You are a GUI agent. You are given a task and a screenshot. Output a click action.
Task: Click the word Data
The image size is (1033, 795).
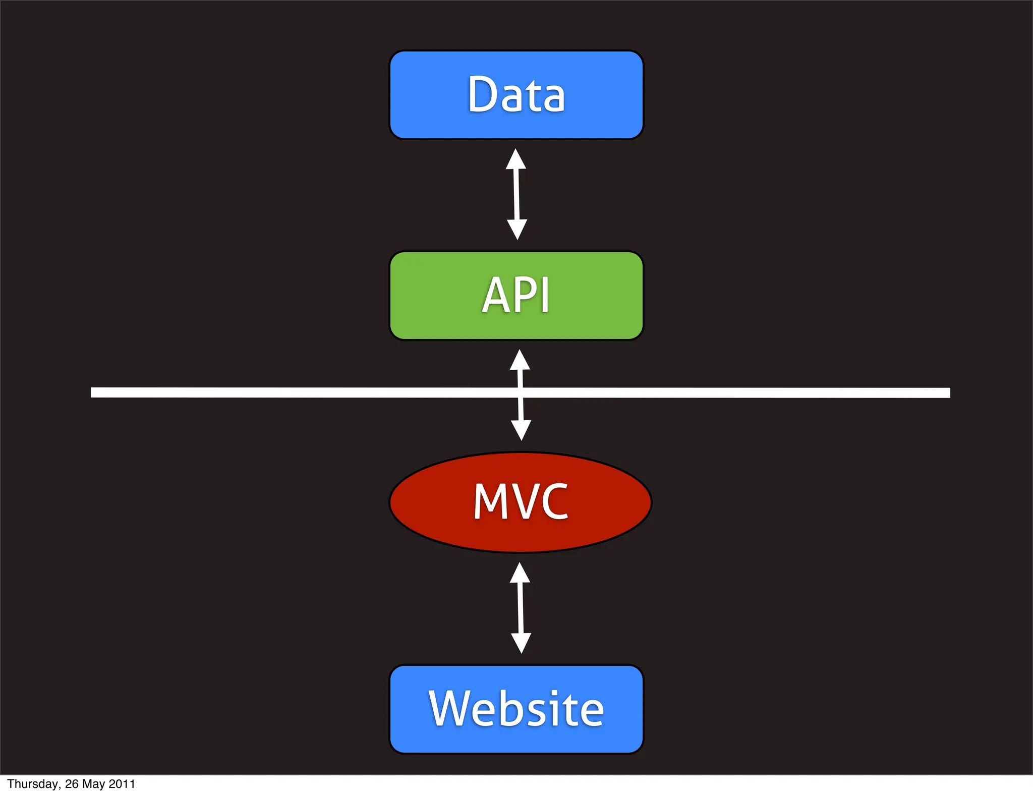(x=516, y=94)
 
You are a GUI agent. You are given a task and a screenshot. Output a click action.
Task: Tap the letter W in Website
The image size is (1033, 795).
(x=450, y=709)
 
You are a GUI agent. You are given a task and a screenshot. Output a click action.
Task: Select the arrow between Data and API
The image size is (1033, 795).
(x=516, y=194)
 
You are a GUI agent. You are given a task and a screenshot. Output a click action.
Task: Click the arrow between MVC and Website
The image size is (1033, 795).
(x=521, y=608)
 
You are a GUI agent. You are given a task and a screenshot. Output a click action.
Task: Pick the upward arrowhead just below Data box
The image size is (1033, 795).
(x=516, y=159)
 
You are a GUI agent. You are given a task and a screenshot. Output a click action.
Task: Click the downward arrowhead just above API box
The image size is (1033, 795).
(x=517, y=230)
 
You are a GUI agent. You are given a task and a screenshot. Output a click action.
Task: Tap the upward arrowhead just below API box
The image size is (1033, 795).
(x=520, y=360)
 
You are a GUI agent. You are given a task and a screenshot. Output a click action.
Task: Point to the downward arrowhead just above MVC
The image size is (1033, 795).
(x=521, y=430)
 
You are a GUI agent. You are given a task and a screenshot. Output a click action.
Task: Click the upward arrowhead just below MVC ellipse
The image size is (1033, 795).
(x=520, y=573)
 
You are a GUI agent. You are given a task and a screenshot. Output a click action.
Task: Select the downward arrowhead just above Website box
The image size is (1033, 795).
(x=521, y=643)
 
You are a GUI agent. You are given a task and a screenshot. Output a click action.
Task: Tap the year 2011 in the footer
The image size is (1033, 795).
(x=122, y=784)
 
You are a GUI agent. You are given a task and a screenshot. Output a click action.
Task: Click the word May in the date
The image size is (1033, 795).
(x=93, y=784)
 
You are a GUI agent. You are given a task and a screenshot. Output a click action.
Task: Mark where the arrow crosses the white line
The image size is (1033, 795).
(x=521, y=392)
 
